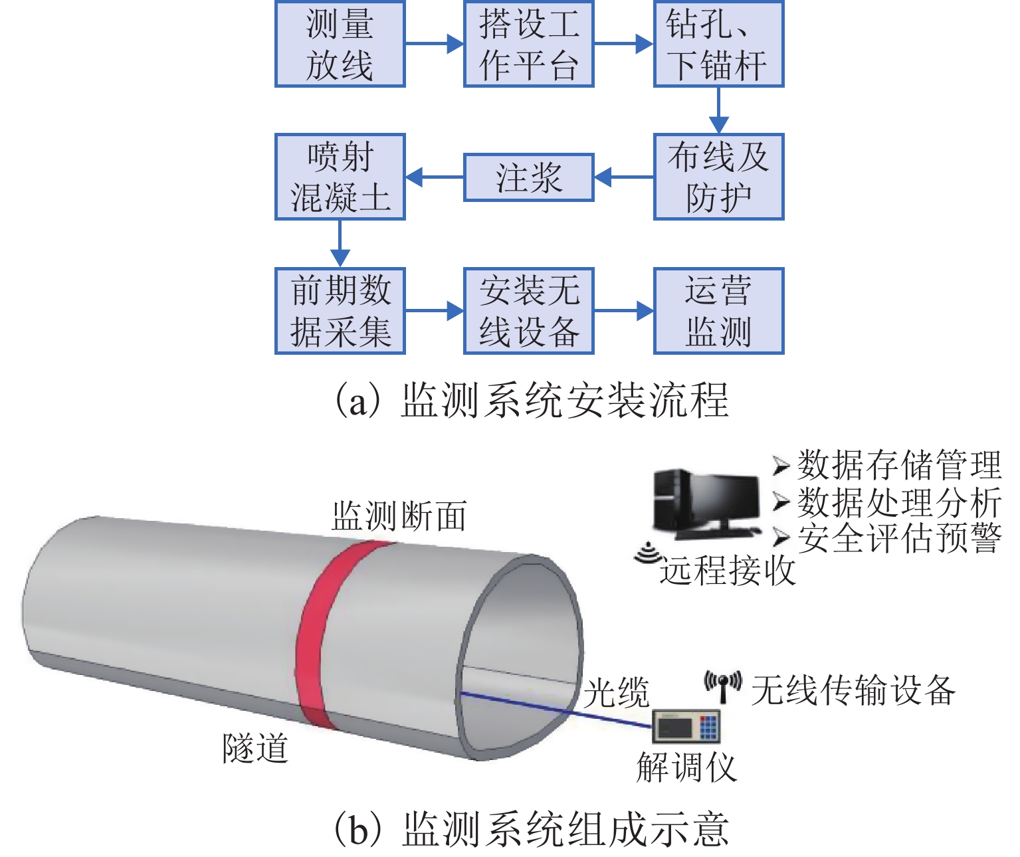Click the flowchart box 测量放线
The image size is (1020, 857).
[x=340, y=44]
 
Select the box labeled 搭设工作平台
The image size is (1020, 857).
[x=528, y=44]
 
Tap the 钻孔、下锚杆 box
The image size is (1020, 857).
[x=718, y=44]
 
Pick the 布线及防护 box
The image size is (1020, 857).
[x=718, y=177]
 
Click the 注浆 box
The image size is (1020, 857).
[x=528, y=177]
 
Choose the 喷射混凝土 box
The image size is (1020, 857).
[x=340, y=177]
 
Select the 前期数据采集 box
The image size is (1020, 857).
[x=340, y=310]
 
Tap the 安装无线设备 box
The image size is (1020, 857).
[x=528, y=310]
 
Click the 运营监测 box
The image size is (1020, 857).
[x=718, y=310]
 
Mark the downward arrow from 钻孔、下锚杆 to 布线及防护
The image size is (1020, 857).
[x=718, y=110]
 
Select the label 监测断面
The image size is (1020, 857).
[x=399, y=516]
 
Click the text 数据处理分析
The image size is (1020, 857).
[x=898, y=502]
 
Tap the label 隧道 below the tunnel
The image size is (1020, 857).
[x=255, y=749]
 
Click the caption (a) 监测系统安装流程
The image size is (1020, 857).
[x=531, y=400]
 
